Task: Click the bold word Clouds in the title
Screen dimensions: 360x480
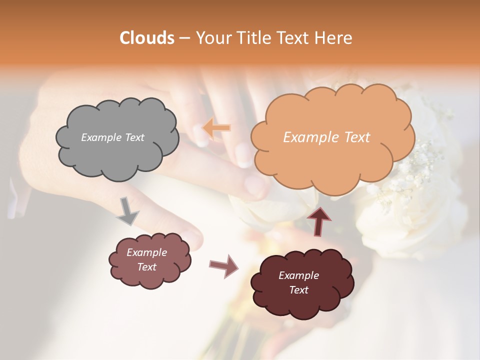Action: click(x=147, y=38)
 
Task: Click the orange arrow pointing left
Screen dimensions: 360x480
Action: click(x=216, y=128)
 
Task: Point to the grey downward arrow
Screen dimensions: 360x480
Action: click(x=128, y=211)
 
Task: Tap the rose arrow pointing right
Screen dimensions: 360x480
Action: click(x=223, y=265)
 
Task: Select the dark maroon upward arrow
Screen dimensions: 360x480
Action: click(x=319, y=221)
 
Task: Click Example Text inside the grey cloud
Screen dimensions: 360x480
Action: click(x=112, y=137)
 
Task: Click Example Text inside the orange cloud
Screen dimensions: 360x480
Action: click(x=326, y=137)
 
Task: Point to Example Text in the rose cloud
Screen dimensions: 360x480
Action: click(x=146, y=259)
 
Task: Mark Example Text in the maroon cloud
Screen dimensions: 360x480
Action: click(x=298, y=282)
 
